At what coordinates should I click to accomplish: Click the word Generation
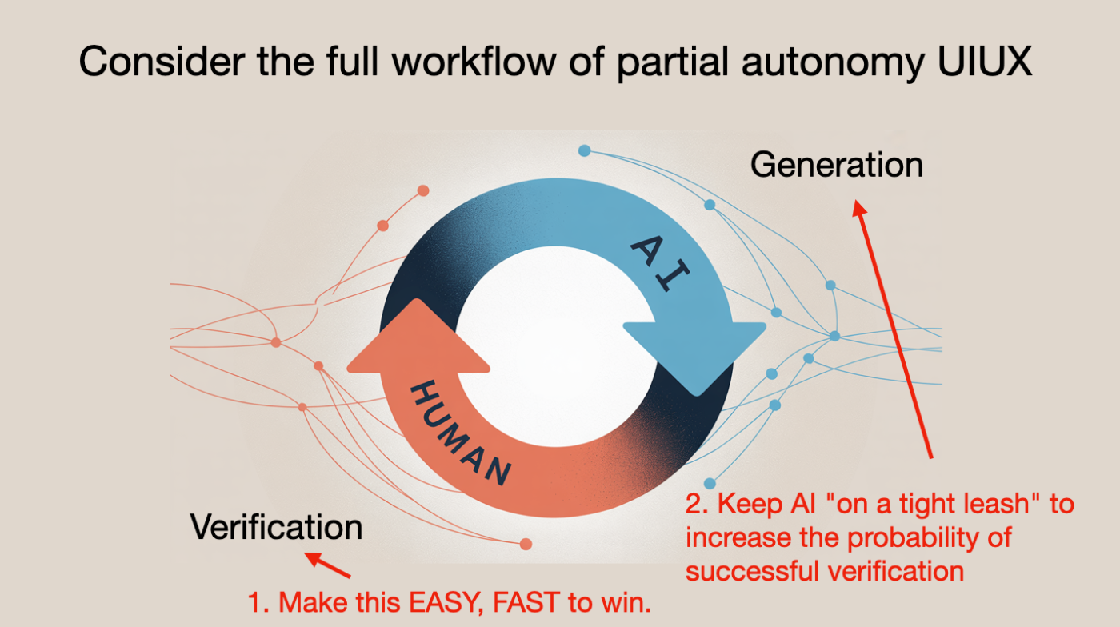[837, 165]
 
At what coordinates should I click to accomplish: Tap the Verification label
[276, 527]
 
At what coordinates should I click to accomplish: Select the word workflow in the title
[474, 61]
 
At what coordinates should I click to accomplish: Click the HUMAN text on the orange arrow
[461, 433]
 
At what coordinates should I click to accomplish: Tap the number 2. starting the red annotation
[697, 504]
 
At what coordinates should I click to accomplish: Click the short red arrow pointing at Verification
[327, 565]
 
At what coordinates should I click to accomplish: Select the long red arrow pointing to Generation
[893, 329]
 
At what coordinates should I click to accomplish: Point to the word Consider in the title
[162, 61]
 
